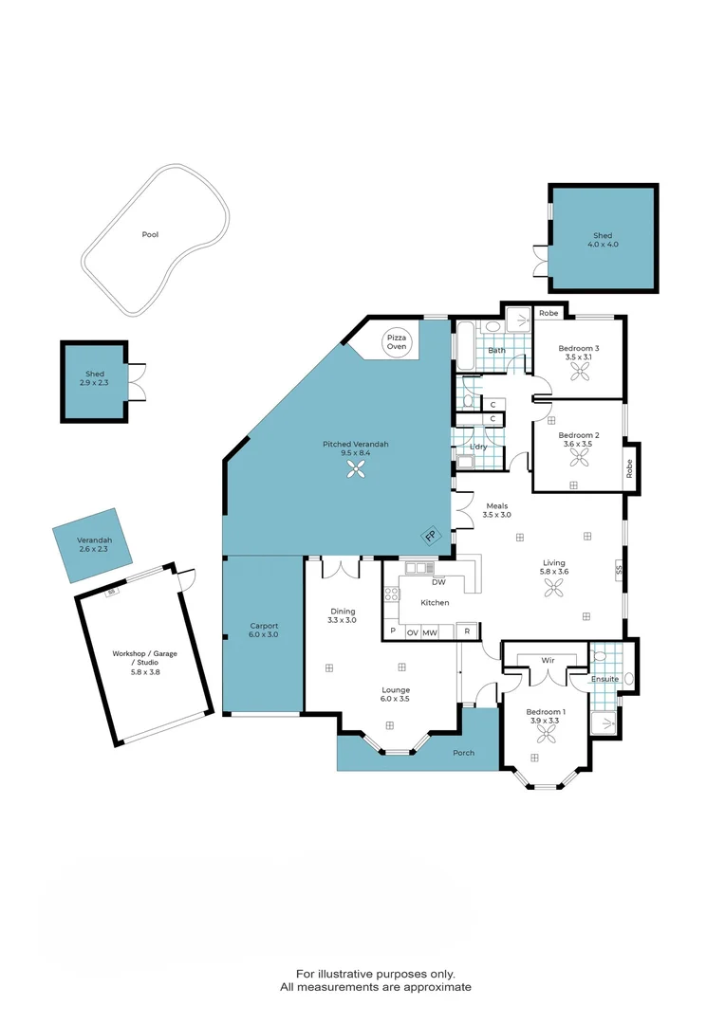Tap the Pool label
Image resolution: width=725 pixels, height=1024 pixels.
coord(150,234)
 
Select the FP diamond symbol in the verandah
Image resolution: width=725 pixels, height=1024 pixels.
coord(430,537)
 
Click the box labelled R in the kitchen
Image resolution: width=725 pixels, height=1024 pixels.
coord(467,631)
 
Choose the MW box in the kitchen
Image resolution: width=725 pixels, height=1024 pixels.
coord(430,631)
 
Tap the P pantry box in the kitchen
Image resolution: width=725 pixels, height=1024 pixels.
coord(392,631)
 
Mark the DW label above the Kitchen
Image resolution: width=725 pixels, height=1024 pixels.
coord(438,582)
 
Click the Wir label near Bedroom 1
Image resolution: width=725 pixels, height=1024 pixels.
coord(548,659)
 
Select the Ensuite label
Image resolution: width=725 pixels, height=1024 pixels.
coord(604,679)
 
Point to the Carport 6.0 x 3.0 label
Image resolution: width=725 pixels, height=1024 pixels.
coord(264,631)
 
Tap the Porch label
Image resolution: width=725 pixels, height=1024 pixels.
coord(463,753)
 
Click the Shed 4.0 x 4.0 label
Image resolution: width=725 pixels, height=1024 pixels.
coord(603,240)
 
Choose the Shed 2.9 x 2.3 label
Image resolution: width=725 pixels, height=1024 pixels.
coord(93,379)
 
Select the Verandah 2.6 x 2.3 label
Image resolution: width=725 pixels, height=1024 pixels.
coord(94,545)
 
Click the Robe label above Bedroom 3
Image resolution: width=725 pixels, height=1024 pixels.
coord(548,313)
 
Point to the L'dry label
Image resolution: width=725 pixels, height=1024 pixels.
coord(478,447)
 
